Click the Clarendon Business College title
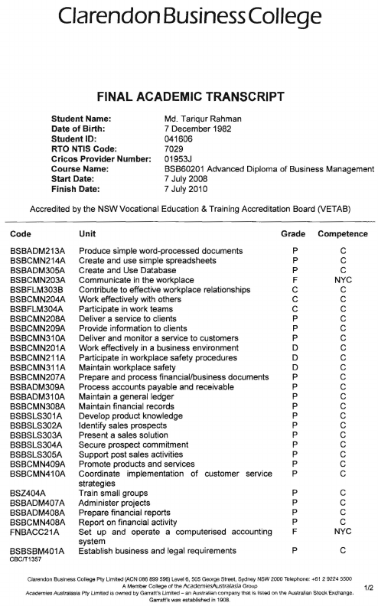(189, 17)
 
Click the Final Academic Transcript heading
(189, 97)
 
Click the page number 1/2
(368, 588)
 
